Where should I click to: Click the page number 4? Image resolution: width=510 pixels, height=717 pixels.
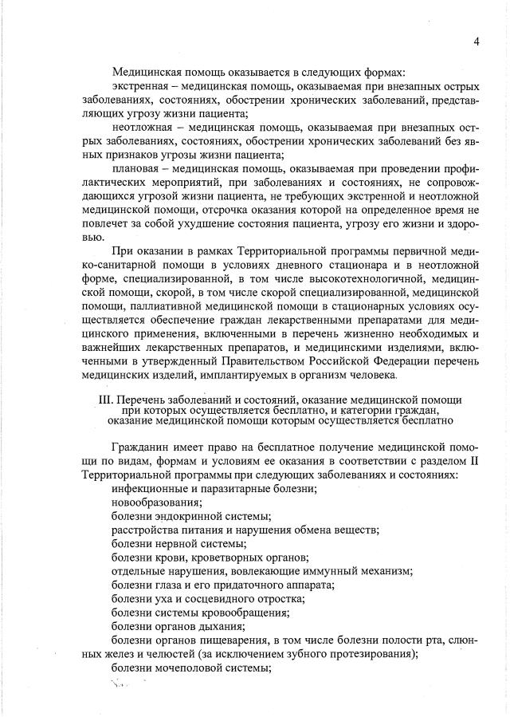click(475, 41)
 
